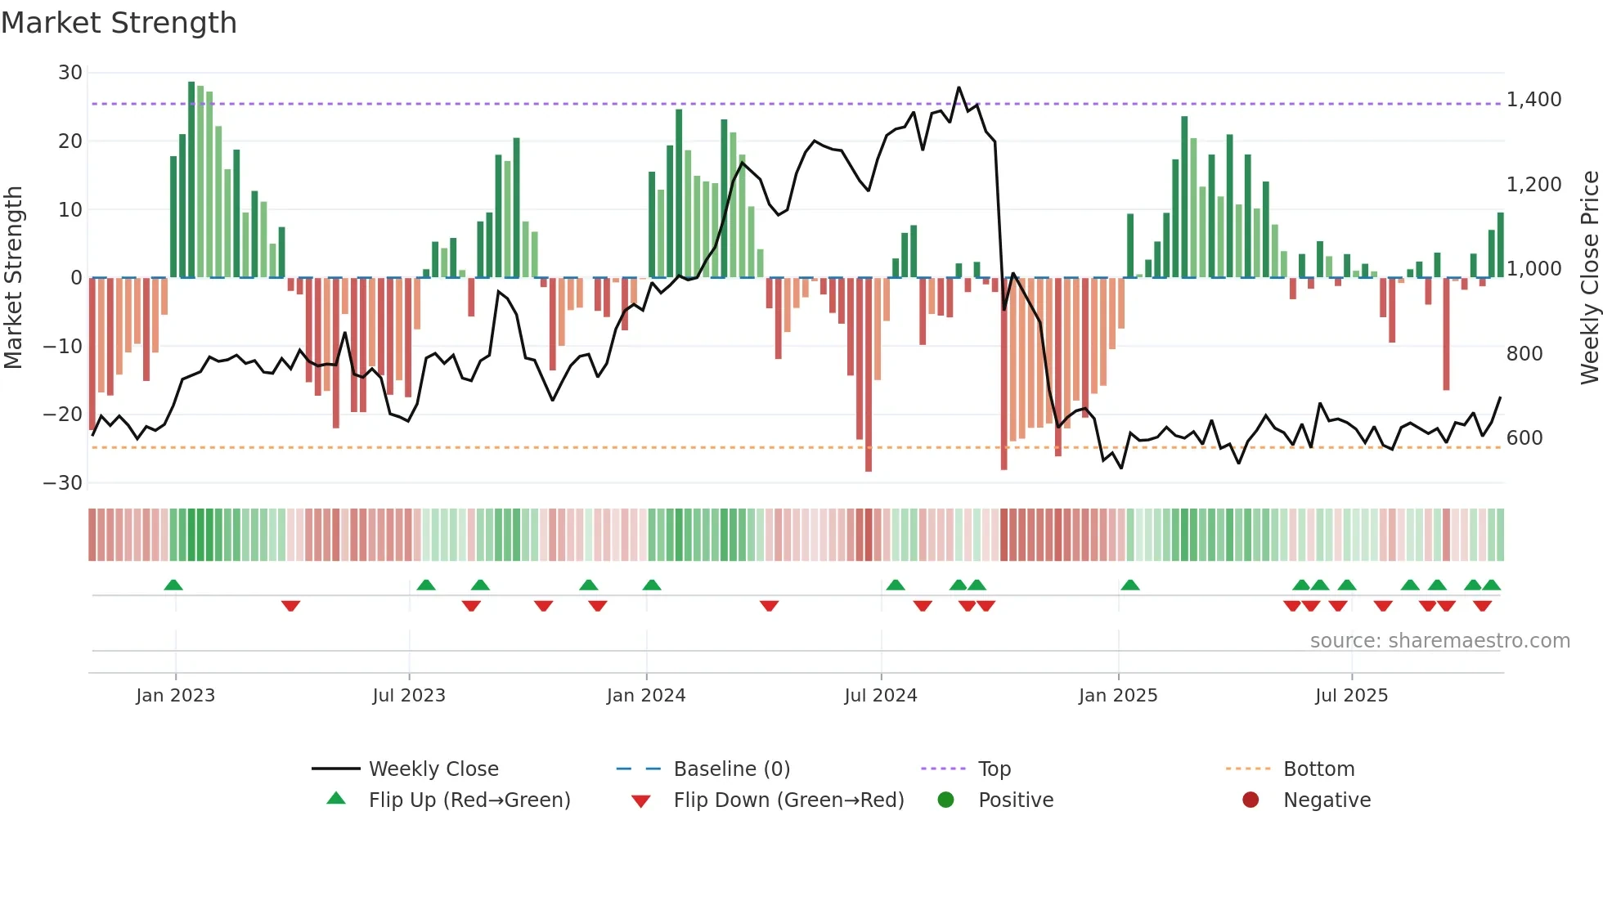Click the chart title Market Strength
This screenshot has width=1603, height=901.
(119, 23)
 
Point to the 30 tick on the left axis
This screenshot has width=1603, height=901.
(70, 73)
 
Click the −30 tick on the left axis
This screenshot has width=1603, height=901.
(63, 483)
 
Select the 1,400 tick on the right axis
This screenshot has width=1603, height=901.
(1533, 100)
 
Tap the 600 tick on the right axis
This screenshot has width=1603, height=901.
(1524, 438)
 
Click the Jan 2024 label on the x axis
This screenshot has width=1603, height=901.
(645, 696)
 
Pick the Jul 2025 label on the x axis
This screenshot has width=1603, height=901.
(1351, 696)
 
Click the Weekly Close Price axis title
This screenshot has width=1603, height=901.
(1589, 277)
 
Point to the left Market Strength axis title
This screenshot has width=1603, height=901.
(14, 277)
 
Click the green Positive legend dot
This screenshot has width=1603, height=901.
(945, 800)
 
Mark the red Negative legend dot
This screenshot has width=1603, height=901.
(1251, 800)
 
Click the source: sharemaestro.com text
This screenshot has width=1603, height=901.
(1439, 641)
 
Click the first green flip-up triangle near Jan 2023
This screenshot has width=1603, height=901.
(173, 585)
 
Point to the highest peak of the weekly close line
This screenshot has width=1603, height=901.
(959, 87)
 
